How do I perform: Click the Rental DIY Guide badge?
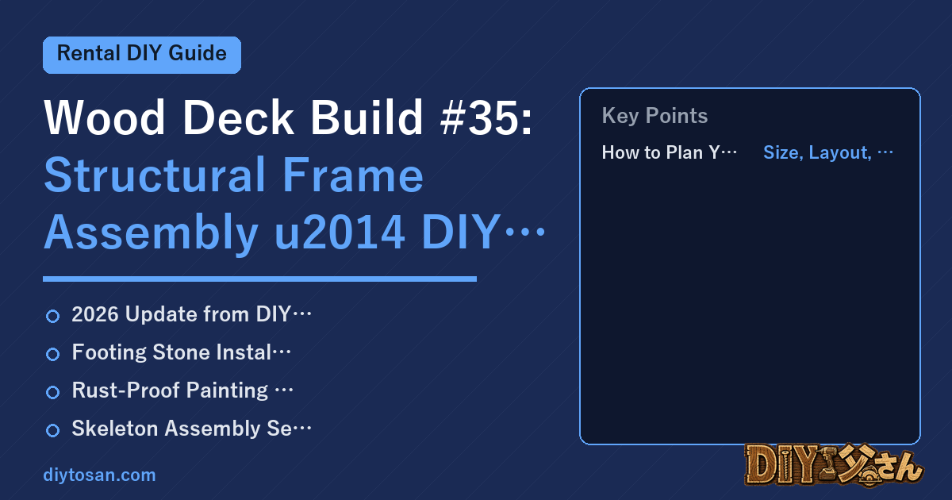tap(142, 55)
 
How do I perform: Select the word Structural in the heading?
tap(155, 175)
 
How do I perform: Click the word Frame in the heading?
tap(353, 175)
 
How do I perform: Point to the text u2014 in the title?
tap(340, 232)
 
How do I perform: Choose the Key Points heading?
tap(654, 116)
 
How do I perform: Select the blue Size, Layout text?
tap(817, 152)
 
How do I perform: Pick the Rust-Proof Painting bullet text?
tap(170, 390)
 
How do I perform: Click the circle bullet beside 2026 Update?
tap(52, 317)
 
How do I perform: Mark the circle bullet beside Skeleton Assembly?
tap(52, 430)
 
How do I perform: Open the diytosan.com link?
tap(99, 475)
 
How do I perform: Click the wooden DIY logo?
tap(834, 465)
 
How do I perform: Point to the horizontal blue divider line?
tap(259, 279)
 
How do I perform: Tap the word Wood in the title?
tap(105, 117)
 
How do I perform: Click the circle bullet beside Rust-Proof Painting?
tap(52, 392)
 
